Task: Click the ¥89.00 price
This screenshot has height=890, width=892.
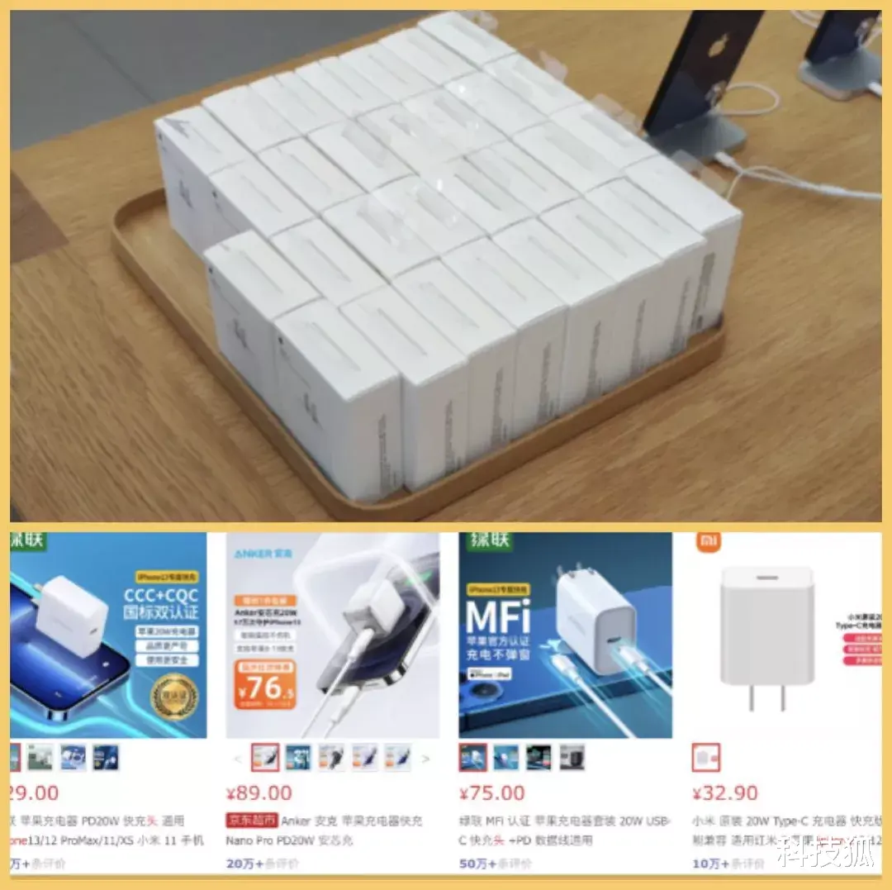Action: pos(259,792)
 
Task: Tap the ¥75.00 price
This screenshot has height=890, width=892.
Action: pos(492,792)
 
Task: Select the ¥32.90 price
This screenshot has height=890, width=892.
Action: pos(725,792)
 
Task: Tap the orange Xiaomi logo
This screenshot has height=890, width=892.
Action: pos(707,542)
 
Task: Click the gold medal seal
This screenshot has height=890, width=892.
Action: pos(174,697)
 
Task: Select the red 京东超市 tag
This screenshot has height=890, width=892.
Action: pos(251,821)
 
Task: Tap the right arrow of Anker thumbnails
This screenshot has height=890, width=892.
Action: pos(426,757)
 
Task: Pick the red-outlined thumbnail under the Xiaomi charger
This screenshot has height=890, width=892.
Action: pos(706,757)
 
